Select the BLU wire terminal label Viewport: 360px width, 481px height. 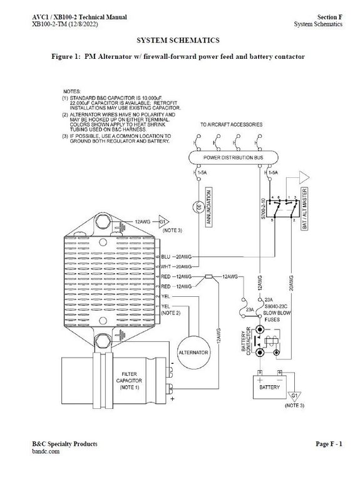[x=166, y=257]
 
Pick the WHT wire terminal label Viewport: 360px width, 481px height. [x=166, y=267]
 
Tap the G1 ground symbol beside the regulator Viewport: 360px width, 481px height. [x=163, y=222]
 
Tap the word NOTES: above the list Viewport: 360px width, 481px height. [x=73, y=91]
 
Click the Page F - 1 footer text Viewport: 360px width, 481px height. [x=329, y=444]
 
